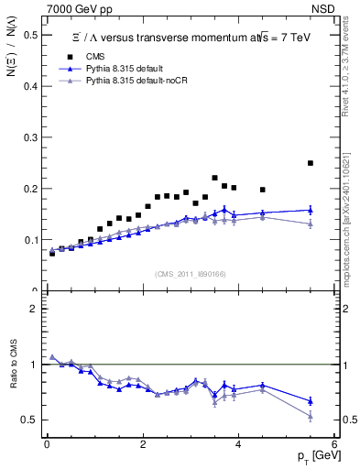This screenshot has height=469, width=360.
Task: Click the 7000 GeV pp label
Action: pyautogui.click(x=75, y=8)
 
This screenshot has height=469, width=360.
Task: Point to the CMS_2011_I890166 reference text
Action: pyautogui.click(x=189, y=274)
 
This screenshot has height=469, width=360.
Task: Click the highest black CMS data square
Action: pyautogui.click(x=311, y=163)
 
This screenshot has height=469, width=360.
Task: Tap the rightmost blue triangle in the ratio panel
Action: pyautogui.click(x=311, y=401)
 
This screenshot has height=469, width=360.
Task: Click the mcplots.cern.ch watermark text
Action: pyautogui.click(x=351, y=211)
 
